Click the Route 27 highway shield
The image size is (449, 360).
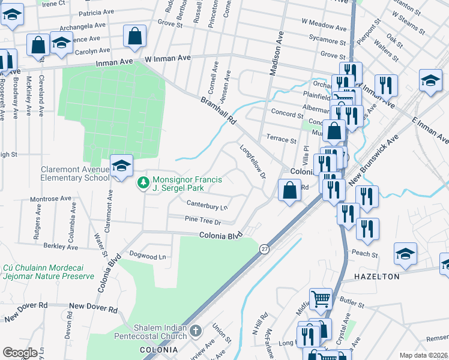coord(264,248)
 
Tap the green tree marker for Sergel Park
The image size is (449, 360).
coord(143,182)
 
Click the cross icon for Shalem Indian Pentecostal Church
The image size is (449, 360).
coord(195,330)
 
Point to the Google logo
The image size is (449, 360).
coord(20,353)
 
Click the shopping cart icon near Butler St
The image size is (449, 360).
coord(321,298)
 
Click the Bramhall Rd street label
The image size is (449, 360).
coord(219,111)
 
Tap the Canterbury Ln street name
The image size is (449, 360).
coord(208,207)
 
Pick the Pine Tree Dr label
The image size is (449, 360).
coord(203,221)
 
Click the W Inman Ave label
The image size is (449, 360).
coord(167,58)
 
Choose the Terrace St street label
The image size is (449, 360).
coord(282,140)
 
